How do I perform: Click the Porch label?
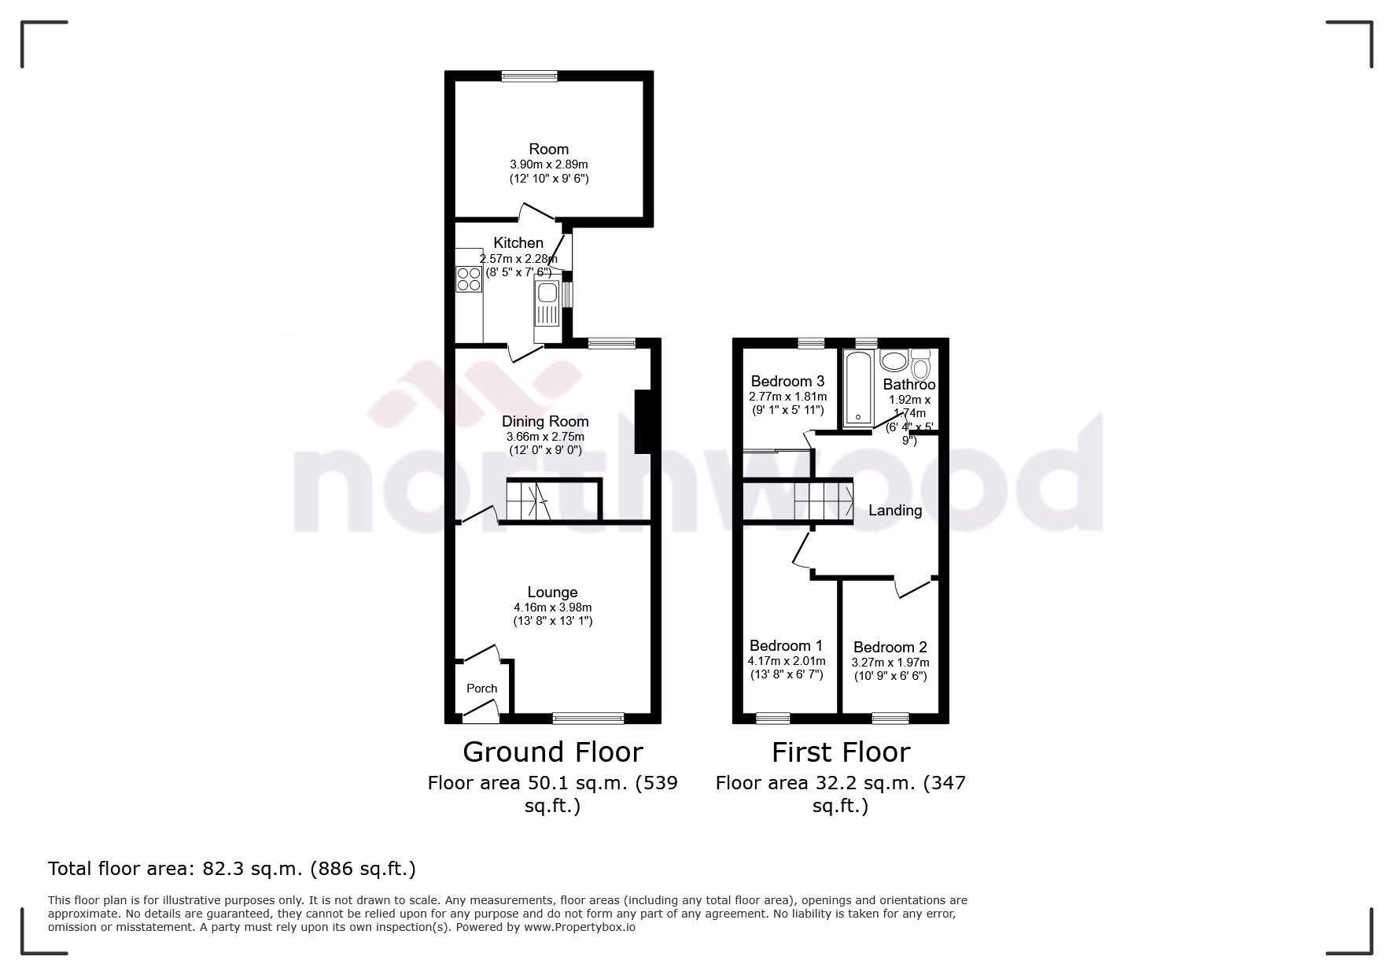(x=481, y=689)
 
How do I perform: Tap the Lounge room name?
(x=552, y=593)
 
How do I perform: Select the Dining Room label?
(x=545, y=422)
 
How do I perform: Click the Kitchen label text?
(x=518, y=243)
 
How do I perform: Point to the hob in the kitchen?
(x=469, y=279)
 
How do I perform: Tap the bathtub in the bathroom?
(x=857, y=389)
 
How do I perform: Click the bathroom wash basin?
(x=894, y=361)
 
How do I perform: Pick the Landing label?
(x=895, y=511)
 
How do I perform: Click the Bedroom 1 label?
(x=786, y=646)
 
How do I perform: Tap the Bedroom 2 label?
(x=890, y=648)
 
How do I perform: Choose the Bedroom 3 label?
(x=787, y=382)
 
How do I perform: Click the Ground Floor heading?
(x=552, y=752)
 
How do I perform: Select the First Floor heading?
(x=840, y=752)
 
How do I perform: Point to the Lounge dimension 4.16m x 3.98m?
(x=552, y=608)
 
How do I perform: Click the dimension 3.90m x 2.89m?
(x=549, y=164)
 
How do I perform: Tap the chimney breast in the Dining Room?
(x=643, y=422)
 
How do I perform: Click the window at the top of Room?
(x=530, y=76)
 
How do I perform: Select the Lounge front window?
(x=588, y=718)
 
